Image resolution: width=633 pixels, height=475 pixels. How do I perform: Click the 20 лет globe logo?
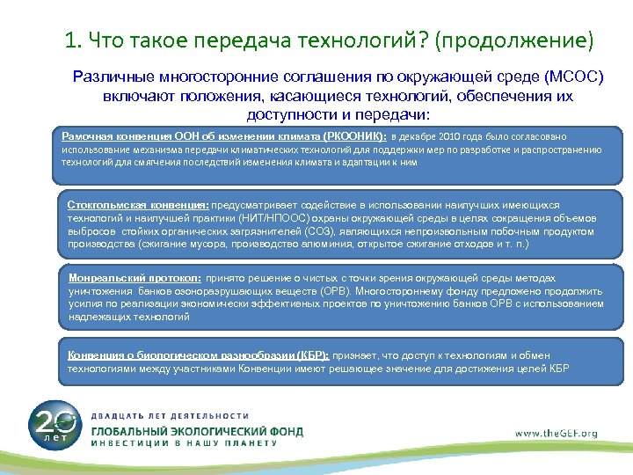(x=55, y=425)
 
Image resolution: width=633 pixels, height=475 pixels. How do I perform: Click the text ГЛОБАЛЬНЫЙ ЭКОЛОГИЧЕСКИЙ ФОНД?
(x=197, y=430)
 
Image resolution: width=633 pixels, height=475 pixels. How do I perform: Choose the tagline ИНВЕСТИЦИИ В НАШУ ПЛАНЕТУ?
(x=184, y=444)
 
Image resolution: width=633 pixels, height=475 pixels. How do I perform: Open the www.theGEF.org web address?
(x=556, y=432)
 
